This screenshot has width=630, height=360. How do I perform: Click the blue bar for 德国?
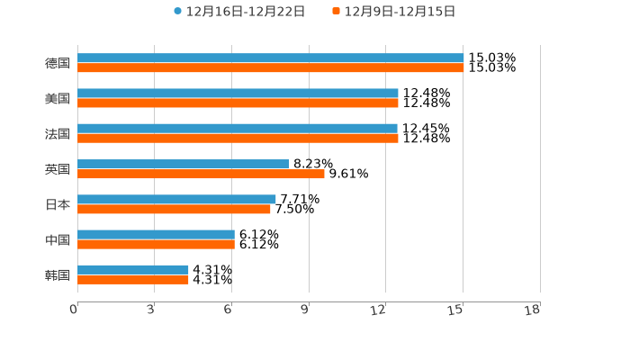pyautogui.click(x=270, y=58)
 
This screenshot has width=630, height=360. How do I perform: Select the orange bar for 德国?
pyautogui.click(x=270, y=68)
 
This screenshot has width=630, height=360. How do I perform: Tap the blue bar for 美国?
pyautogui.click(x=238, y=94)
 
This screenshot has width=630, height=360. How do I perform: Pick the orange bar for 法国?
pyautogui.click(x=238, y=139)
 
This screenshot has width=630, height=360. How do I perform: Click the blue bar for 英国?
pyautogui.click(x=184, y=164)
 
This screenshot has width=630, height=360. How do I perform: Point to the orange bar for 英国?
pyautogui.click(x=201, y=174)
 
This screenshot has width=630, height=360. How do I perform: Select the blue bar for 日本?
pyautogui.click(x=176, y=199)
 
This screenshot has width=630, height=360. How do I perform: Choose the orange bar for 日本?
pyautogui.click(x=174, y=209)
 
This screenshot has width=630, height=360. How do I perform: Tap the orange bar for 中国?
pyautogui.click(x=156, y=244)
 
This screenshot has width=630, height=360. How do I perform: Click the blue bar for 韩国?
pyautogui.click(x=133, y=269)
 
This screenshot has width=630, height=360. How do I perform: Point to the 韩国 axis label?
pyautogui.click(x=58, y=274)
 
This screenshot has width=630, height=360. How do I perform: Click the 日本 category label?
pyautogui.click(x=58, y=204)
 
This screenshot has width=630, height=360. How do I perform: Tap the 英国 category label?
pyautogui.click(x=58, y=169)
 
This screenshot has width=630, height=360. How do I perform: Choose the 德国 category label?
pyautogui.click(x=58, y=63)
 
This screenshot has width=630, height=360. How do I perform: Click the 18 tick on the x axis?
pyautogui.click(x=533, y=310)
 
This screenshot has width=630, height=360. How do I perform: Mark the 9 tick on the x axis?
pyautogui.click(x=305, y=310)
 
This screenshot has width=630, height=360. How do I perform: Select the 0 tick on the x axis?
pyautogui.click(x=74, y=310)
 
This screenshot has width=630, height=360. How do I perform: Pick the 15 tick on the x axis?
pyautogui.click(x=456, y=310)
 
